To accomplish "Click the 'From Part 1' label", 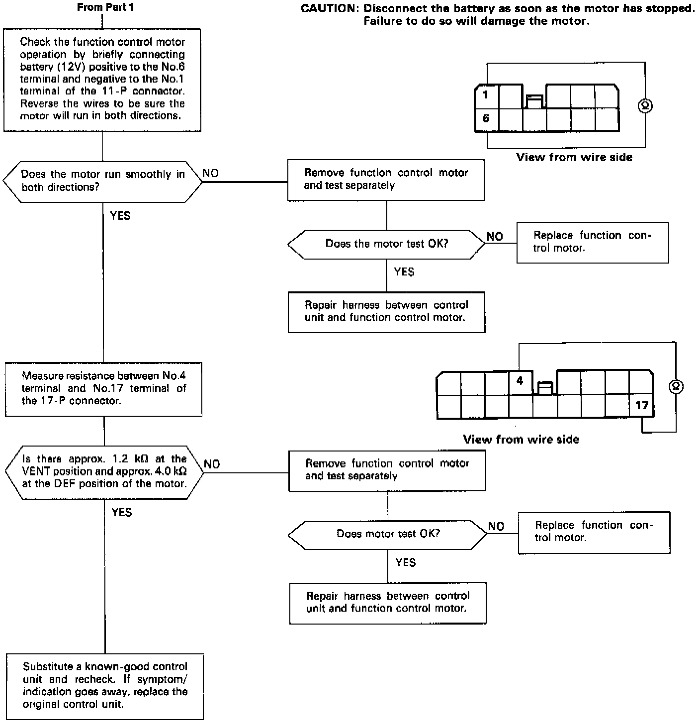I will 105,7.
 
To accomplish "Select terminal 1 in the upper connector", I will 486,94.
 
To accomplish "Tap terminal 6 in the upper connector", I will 486,119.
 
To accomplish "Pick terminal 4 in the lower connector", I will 520,381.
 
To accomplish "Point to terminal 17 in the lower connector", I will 642,405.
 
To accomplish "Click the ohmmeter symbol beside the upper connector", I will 645,106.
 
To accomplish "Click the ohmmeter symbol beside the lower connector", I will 676,386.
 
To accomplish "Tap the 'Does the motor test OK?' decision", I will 386,244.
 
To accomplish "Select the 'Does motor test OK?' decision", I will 388,535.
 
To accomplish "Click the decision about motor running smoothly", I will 103,181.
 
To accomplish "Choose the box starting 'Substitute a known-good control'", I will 105,686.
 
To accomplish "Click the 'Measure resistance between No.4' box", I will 103,388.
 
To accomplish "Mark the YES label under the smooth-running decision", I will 120,216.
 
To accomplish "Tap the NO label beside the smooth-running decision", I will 210,174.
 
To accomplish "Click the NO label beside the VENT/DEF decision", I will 212,464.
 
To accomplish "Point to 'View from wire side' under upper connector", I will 574,158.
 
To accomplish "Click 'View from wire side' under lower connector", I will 521,439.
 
